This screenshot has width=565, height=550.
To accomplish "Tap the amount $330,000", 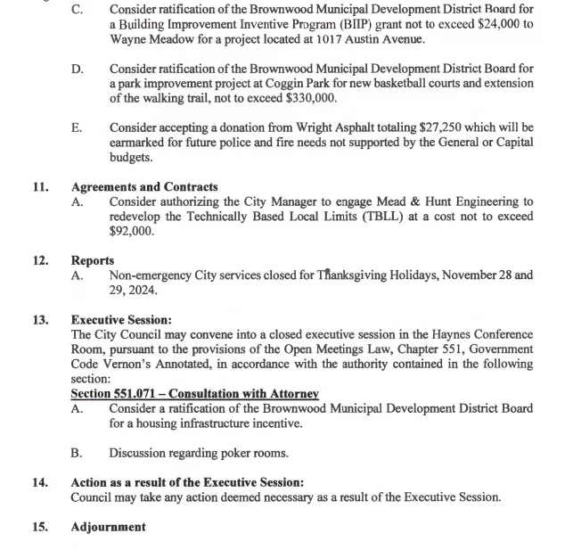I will [311, 98].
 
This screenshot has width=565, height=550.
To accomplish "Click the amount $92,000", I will [132, 231].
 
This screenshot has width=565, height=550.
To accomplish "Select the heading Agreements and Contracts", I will [144, 187].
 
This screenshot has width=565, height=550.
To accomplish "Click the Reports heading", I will [93, 260].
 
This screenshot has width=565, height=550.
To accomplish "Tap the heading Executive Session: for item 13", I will [121, 320].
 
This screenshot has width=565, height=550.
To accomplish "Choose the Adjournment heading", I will [108, 527].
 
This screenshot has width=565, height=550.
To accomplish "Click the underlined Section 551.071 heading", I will [194, 394].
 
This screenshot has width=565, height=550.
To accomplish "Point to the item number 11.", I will [40, 187].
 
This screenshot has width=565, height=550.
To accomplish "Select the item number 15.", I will [40, 527].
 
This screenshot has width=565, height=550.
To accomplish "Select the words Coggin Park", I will [310, 83].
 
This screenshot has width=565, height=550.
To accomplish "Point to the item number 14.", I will [40, 482].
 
